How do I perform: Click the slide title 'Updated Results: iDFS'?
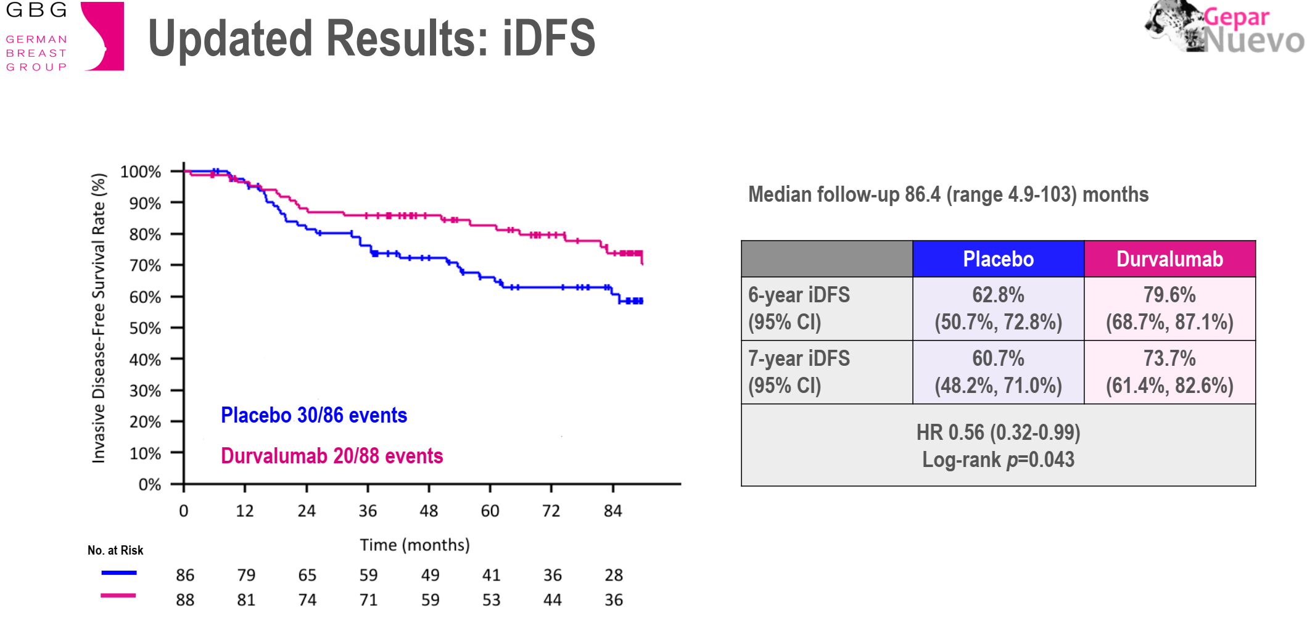point(371,38)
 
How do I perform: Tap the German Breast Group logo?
point(64,37)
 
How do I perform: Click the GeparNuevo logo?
point(1225,28)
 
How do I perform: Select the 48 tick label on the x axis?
point(429,511)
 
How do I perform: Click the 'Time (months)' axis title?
point(414,545)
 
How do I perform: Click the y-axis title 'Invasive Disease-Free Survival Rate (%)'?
point(99,318)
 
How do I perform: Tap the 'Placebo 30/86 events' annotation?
point(314,415)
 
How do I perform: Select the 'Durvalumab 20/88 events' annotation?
point(332,456)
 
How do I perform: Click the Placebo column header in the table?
point(998,259)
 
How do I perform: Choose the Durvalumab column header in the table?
point(1169,259)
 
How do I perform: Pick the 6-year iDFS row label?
point(799,308)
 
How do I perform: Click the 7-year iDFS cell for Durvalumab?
point(1169,372)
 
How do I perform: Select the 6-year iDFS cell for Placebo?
point(998,308)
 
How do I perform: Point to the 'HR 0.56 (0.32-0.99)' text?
point(998,432)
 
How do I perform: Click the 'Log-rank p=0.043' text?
point(998,460)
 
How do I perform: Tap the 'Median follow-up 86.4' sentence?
point(948,194)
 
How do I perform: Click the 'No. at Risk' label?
point(115,550)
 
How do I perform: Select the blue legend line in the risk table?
point(119,573)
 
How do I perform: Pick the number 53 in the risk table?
point(491,600)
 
